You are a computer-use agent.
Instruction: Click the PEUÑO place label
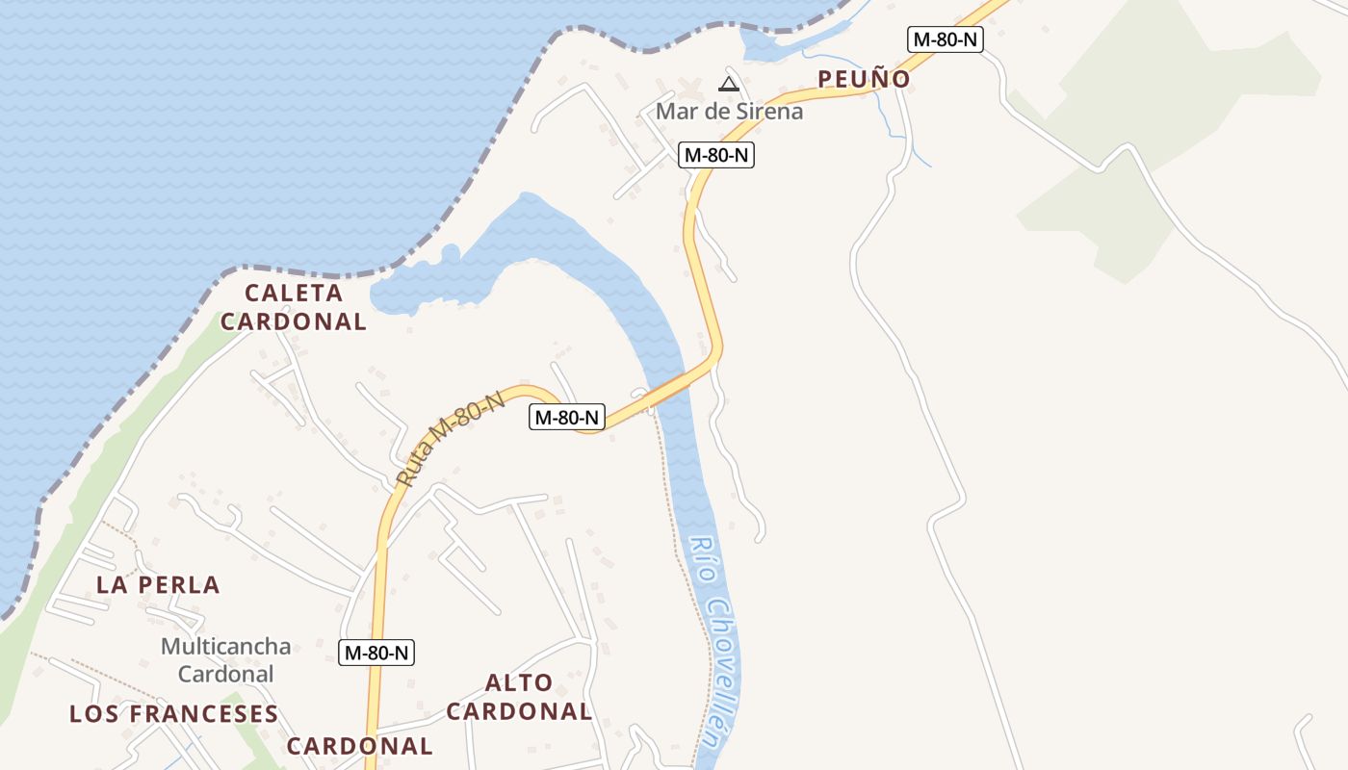click(864, 79)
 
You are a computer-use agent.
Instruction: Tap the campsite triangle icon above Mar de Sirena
click(728, 85)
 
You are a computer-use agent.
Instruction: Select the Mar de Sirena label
click(729, 111)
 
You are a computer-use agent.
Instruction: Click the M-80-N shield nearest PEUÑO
click(945, 39)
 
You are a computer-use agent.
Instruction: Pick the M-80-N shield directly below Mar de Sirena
click(715, 154)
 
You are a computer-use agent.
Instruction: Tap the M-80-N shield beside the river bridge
click(567, 418)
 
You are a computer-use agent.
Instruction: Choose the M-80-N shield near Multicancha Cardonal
click(377, 652)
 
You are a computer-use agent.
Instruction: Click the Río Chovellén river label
click(710, 640)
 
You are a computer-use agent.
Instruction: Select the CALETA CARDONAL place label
click(294, 307)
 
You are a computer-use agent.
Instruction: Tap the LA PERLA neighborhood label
click(158, 584)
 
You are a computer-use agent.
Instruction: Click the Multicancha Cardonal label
click(225, 659)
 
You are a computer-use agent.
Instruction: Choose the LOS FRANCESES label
click(173, 713)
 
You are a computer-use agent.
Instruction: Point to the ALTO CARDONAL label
click(519, 697)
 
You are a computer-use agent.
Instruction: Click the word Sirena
click(768, 111)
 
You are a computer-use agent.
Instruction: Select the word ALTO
click(519, 683)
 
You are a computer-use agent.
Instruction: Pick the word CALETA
click(294, 293)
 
